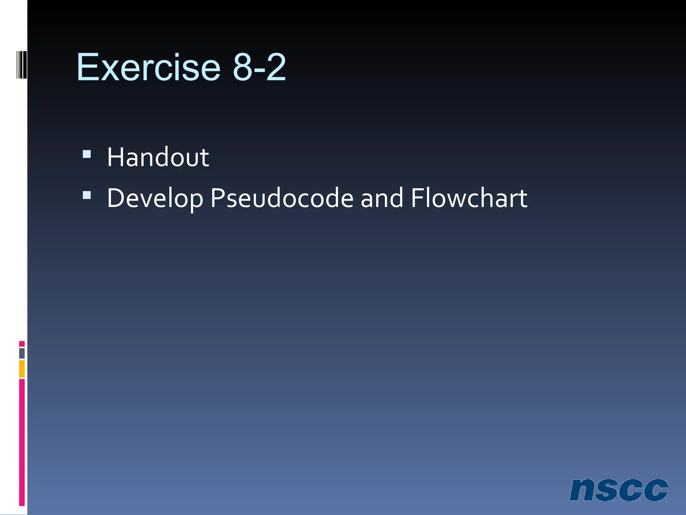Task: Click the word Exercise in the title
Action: [148, 67]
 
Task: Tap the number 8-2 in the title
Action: [259, 67]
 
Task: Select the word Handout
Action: [158, 157]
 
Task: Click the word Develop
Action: [155, 198]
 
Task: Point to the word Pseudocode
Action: [282, 198]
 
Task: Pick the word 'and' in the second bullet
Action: [382, 198]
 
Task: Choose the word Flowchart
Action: [469, 198]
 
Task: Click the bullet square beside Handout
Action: [87, 154]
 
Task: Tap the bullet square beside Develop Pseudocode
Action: [87, 195]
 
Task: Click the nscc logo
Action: [618, 490]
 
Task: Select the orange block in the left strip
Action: [22, 369]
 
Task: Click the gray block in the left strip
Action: [22, 353]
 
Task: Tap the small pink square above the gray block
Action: [22, 344]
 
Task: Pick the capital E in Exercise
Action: [88, 67]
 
